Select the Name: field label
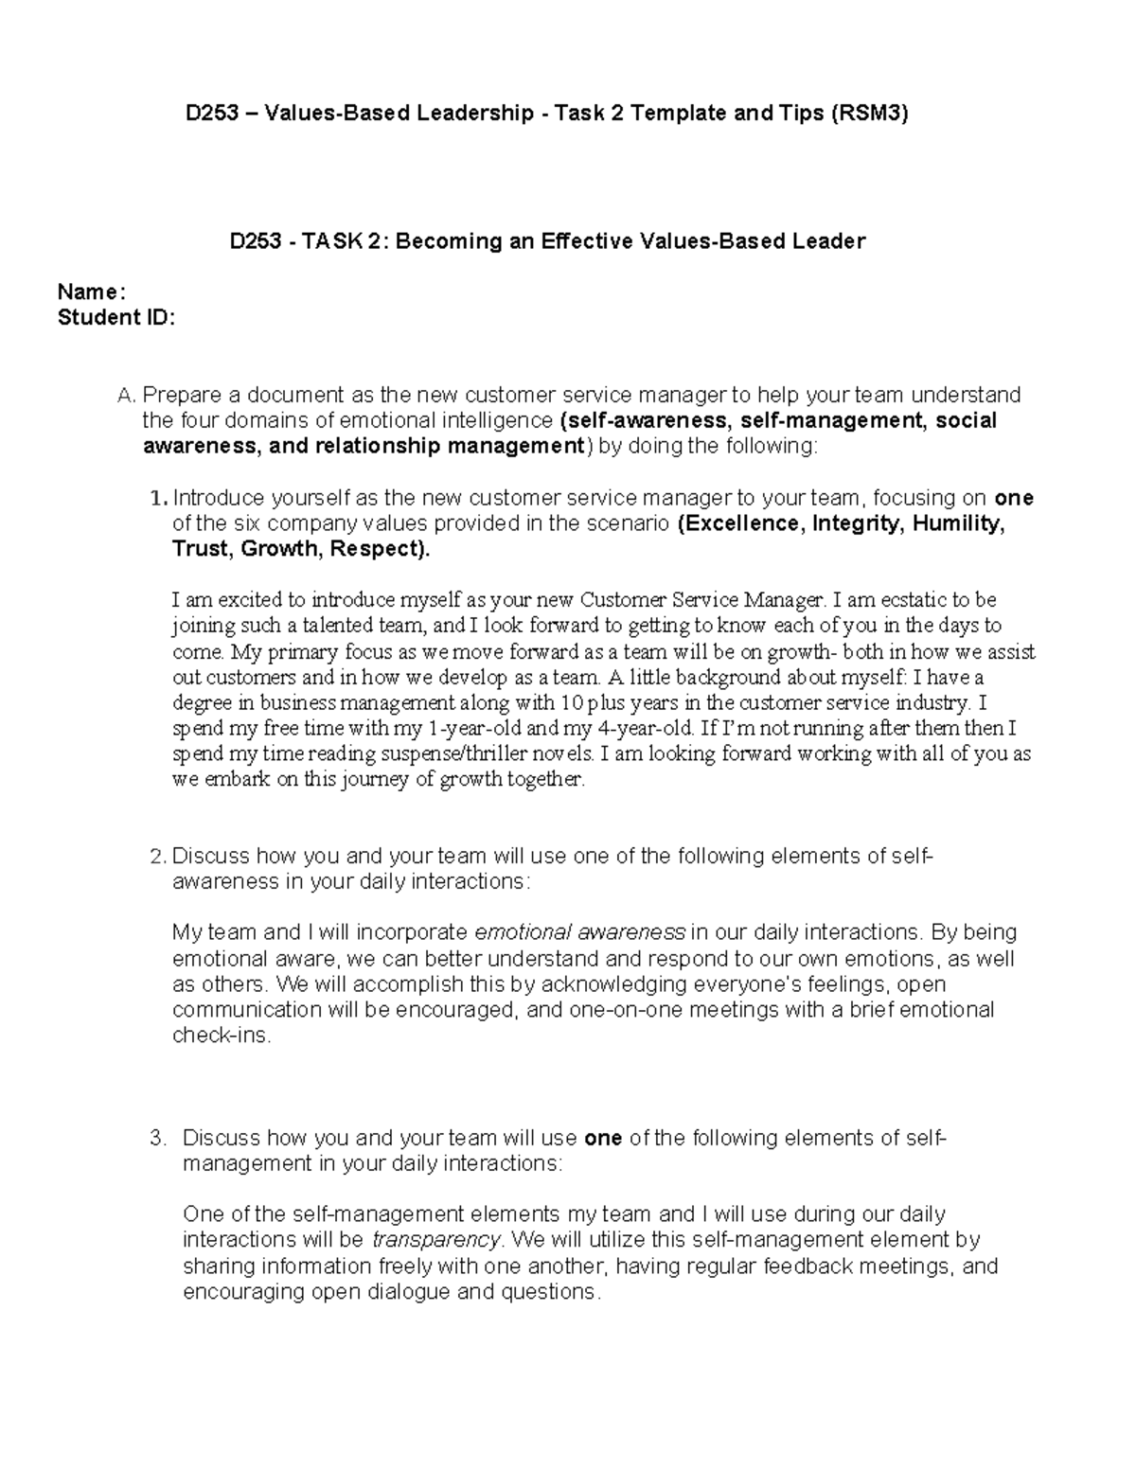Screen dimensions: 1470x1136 click(x=91, y=292)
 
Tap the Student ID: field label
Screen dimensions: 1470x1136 click(x=115, y=318)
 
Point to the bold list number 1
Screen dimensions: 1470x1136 click(x=158, y=498)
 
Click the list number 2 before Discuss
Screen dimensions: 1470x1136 click(x=158, y=857)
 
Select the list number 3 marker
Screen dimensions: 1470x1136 click(x=158, y=1138)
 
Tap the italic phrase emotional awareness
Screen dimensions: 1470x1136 click(x=579, y=932)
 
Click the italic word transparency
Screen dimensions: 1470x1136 click(x=435, y=1240)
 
